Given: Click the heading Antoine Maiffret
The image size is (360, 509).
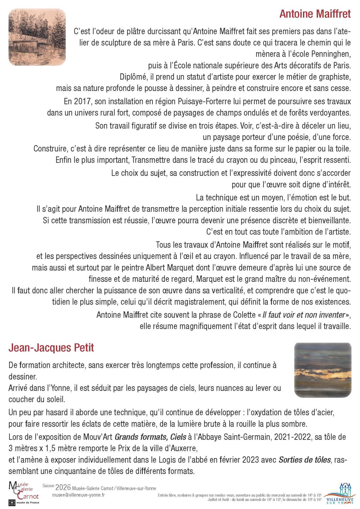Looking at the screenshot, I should pyautogui.click(x=315, y=14).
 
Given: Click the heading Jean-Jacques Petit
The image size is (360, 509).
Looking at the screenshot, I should pyautogui.click(x=51, y=347).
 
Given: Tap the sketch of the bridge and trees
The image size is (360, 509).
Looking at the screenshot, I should pyautogui.click(x=37, y=37).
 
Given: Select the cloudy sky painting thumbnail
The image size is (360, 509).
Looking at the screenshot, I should pyautogui.click(x=323, y=370).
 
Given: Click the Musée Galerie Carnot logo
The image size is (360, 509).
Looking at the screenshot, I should pyautogui.click(x=24, y=493).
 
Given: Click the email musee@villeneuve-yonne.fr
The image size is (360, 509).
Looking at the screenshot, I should pyautogui.click(x=78, y=495).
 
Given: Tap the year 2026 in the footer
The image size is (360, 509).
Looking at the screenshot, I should pyautogui.click(x=63, y=487).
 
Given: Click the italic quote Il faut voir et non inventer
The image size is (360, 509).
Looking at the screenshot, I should pyautogui.click(x=304, y=315).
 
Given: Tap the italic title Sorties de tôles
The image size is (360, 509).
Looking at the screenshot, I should pyautogui.click(x=305, y=460).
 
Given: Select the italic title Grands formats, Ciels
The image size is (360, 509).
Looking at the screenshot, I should pyautogui.click(x=150, y=437).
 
